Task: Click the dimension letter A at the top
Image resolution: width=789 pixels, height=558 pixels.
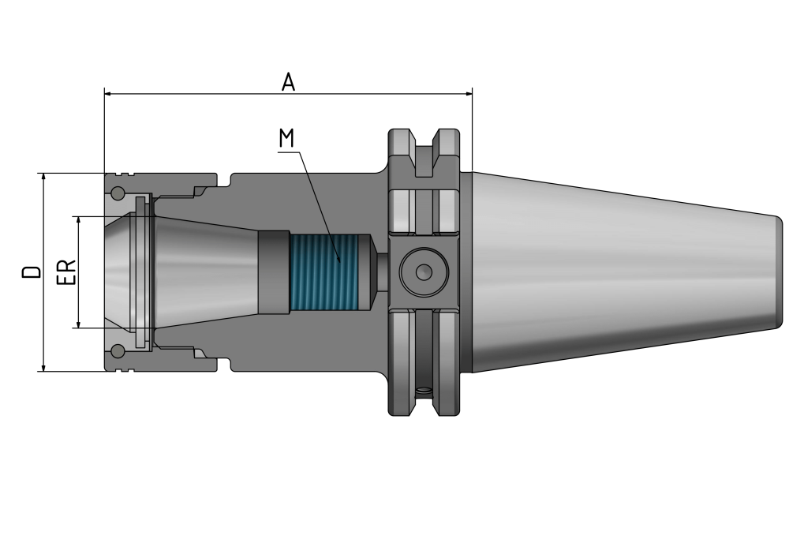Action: pyautogui.click(x=288, y=82)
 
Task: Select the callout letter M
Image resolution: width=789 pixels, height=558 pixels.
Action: pyautogui.click(x=286, y=138)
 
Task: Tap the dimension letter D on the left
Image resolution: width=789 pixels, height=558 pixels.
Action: pyautogui.click(x=32, y=272)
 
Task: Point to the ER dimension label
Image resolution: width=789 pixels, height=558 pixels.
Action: pyautogui.click(x=66, y=272)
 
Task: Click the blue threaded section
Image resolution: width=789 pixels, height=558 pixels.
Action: pyautogui.click(x=324, y=272)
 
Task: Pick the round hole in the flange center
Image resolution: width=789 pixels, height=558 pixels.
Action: pyautogui.click(x=424, y=272)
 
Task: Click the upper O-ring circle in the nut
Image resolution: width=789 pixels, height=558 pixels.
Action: pyautogui.click(x=118, y=193)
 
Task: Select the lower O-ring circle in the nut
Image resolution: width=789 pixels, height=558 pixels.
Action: pyautogui.click(x=118, y=350)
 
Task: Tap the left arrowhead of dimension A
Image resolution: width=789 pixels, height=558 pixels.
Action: pyautogui.click(x=107, y=94)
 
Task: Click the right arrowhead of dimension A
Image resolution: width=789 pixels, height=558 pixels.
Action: pyautogui.click(x=469, y=94)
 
